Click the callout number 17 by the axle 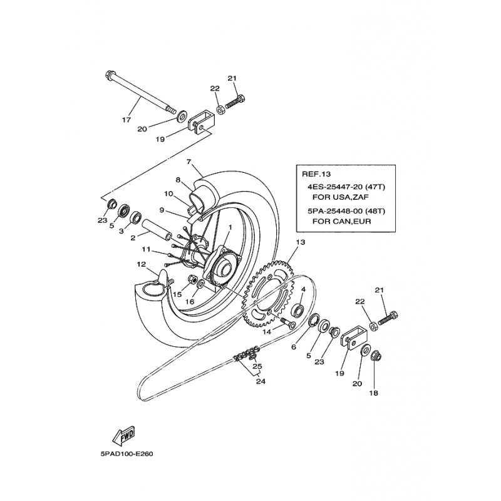coord(127,119)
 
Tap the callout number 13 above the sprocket coord(300,242)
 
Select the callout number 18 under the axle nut coord(374,394)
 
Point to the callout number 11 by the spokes coord(145,249)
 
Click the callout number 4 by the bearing coord(302,289)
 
